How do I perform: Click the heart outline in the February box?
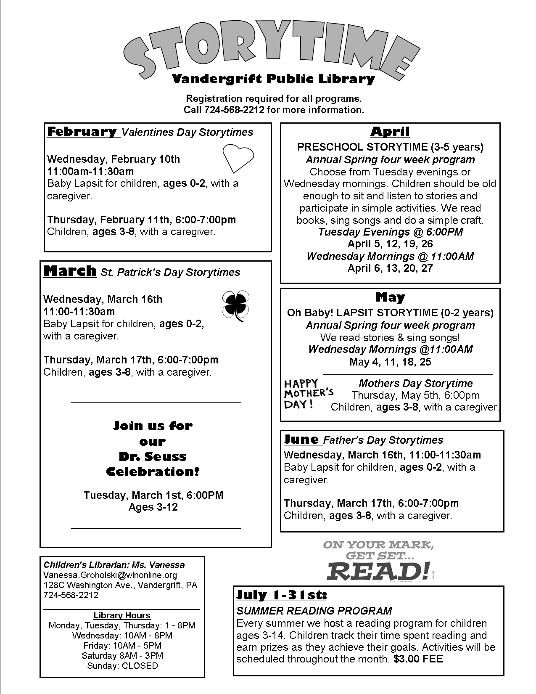coord(238,158)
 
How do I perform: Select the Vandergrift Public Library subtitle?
coord(273,79)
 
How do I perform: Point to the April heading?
coord(390,132)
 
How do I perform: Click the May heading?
coord(390,297)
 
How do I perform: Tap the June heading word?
coord(301,440)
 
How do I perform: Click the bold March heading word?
coord(70,271)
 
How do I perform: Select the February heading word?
coord(82,132)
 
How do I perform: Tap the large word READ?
coord(378,571)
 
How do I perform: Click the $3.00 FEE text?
coord(418,659)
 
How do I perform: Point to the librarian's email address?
coord(110,575)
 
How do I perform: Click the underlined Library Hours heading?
coord(122,615)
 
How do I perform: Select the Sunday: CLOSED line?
coord(122,666)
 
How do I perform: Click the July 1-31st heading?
coord(282,595)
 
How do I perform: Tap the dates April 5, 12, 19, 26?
coord(390,244)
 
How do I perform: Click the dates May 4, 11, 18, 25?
coord(390,362)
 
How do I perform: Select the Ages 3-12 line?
coord(153,507)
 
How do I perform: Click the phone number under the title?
coord(234,110)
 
